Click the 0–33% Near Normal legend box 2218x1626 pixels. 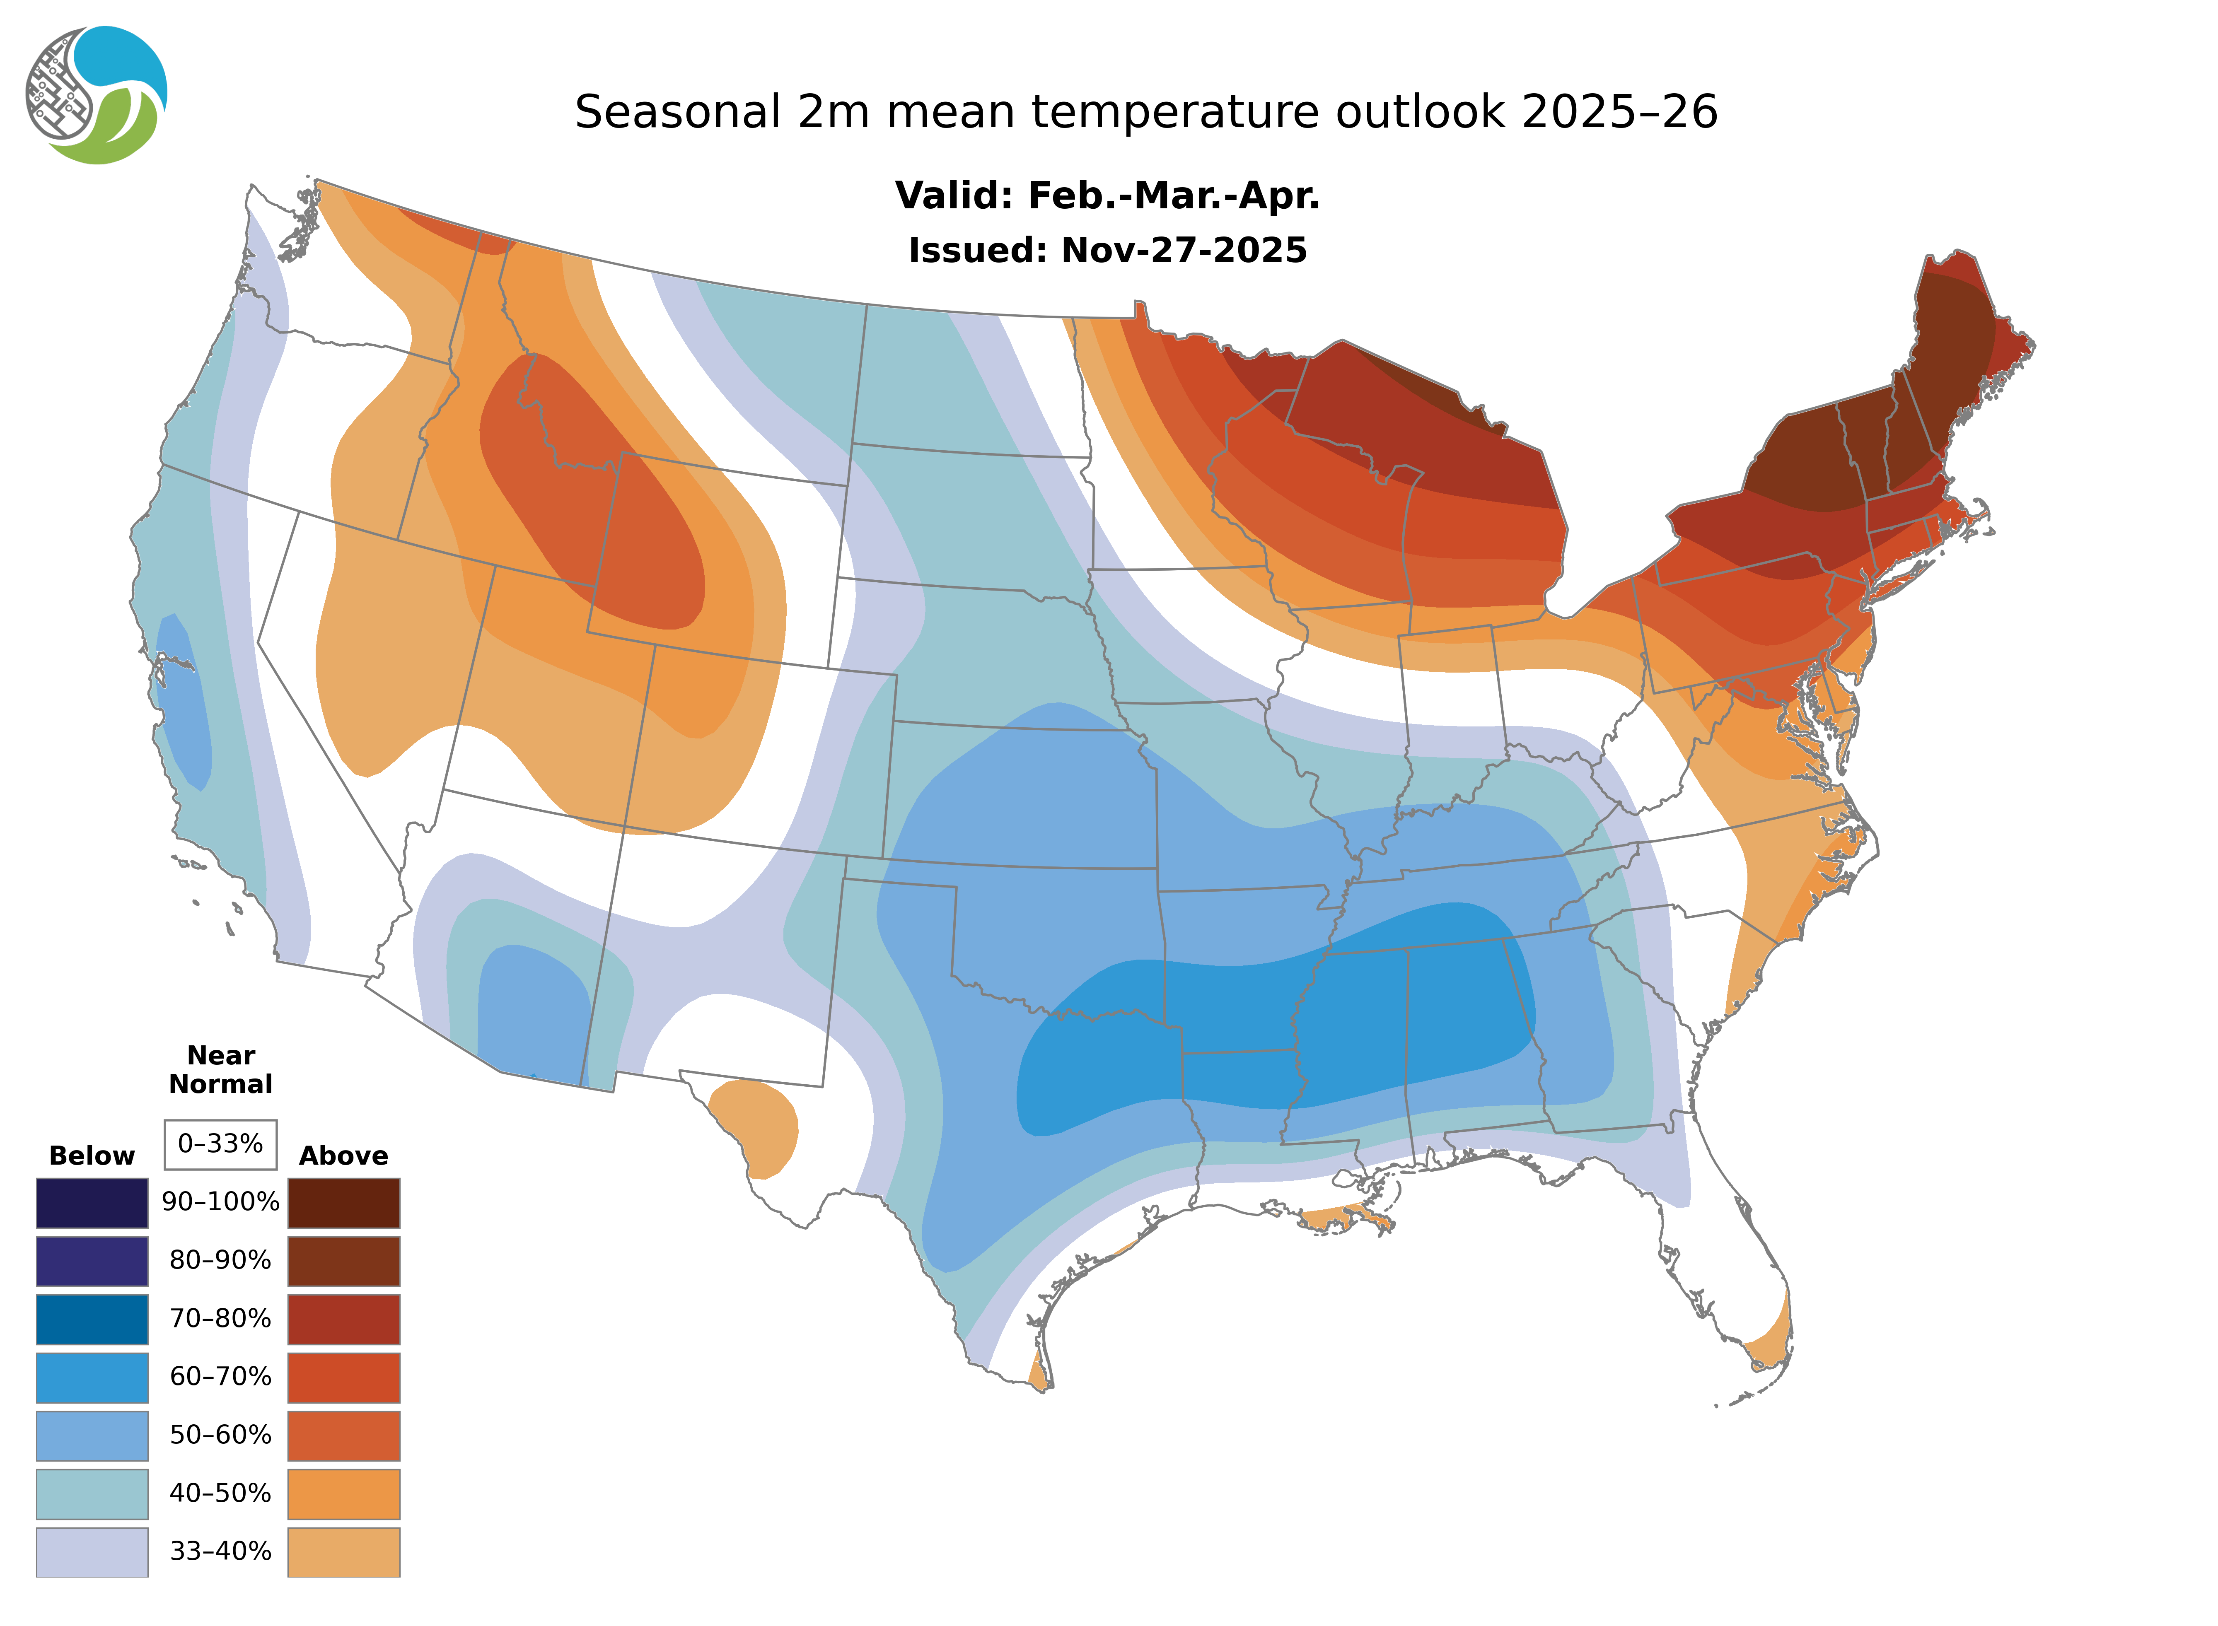(220, 1144)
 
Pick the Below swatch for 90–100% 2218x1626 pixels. (92, 1203)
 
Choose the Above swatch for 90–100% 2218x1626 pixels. (343, 1203)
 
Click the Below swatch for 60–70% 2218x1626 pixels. (92, 1377)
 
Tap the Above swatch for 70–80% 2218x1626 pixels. (343, 1319)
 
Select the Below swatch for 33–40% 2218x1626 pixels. (92, 1551)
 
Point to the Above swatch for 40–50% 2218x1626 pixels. (343, 1493)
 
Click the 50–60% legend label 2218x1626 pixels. (220, 1435)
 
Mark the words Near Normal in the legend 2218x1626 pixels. (220, 1070)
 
